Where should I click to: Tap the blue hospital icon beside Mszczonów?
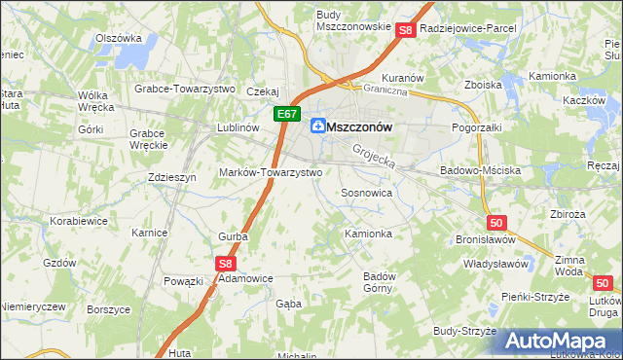(317, 126)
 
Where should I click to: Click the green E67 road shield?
(284, 115)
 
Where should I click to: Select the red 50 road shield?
(497, 223)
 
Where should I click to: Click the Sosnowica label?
(366, 194)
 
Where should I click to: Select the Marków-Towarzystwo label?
(272, 172)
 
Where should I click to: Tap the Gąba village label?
(289, 304)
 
